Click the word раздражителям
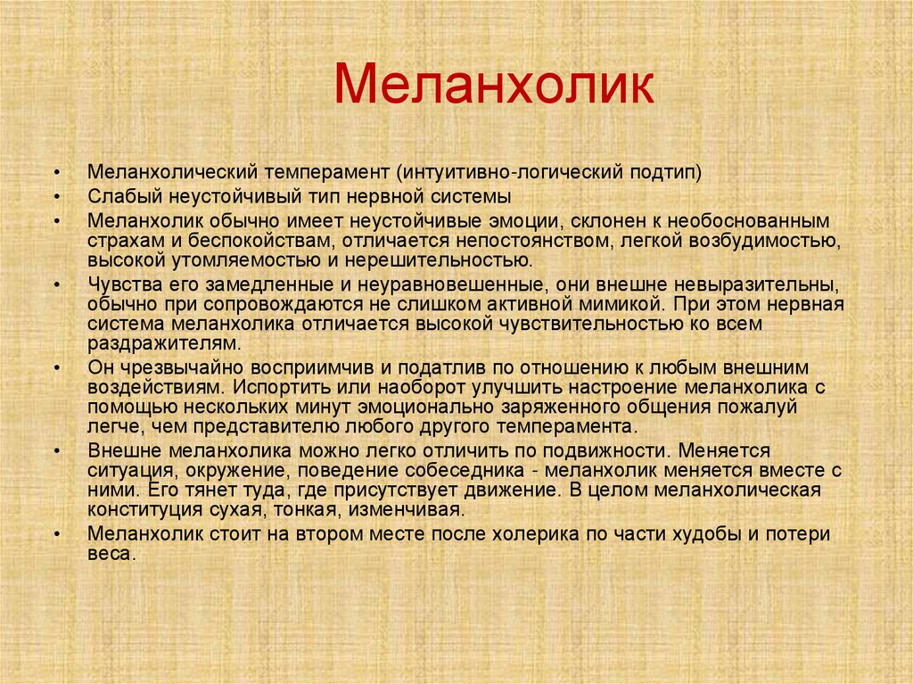[x=164, y=343]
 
